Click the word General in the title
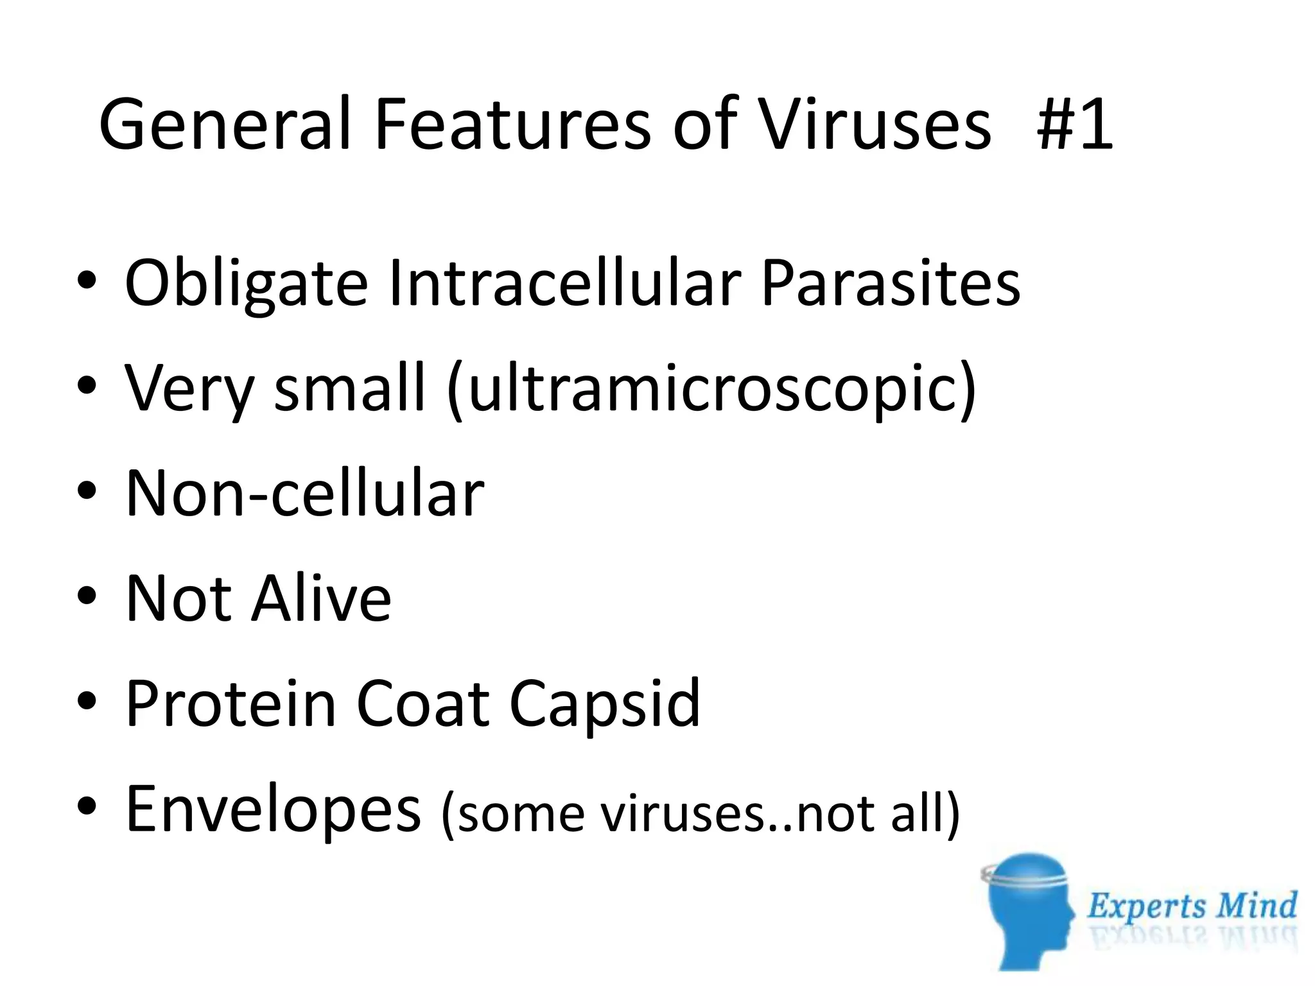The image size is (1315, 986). tap(225, 124)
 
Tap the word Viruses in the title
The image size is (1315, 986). tap(874, 124)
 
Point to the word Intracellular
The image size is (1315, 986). tap(565, 282)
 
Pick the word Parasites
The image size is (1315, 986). tap(890, 282)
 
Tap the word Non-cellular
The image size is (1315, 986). tap(305, 493)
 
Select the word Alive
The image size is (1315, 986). tap(321, 598)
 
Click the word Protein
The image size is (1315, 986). tap(231, 704)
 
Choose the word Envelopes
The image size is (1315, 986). tap(274, 810)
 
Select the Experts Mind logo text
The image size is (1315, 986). tap(1192, 906)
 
